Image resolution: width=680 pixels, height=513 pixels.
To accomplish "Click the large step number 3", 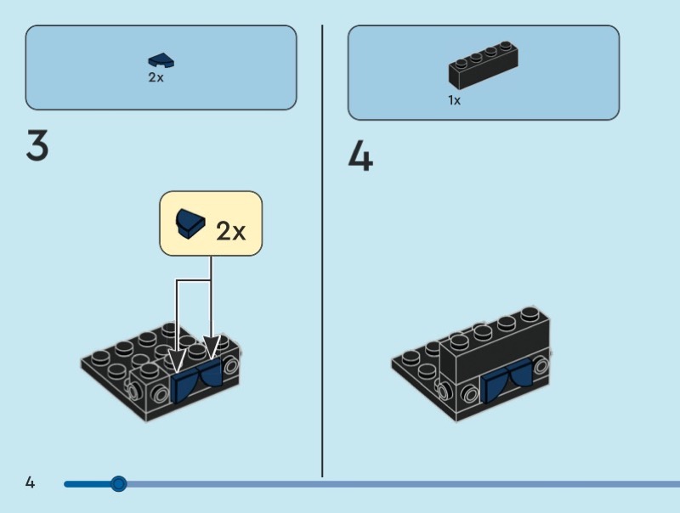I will pos(37,146).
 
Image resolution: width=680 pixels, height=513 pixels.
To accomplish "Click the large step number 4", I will pos(360,157).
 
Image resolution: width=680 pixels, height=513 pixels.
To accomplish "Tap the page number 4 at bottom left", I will pos(30,483).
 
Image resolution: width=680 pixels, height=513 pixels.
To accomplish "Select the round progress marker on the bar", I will pos(119,483).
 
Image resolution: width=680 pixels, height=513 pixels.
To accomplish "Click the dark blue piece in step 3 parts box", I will pos(161,60).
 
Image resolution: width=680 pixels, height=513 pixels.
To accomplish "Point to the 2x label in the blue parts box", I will pos(156,77).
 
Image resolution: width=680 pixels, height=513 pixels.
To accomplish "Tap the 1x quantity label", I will pos(455,100).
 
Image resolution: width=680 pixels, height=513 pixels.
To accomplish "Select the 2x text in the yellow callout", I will pos(230,230).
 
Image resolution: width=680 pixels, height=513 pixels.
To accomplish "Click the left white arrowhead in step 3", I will pos(178,360).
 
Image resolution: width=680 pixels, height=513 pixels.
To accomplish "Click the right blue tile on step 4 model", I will pos(519,376).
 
